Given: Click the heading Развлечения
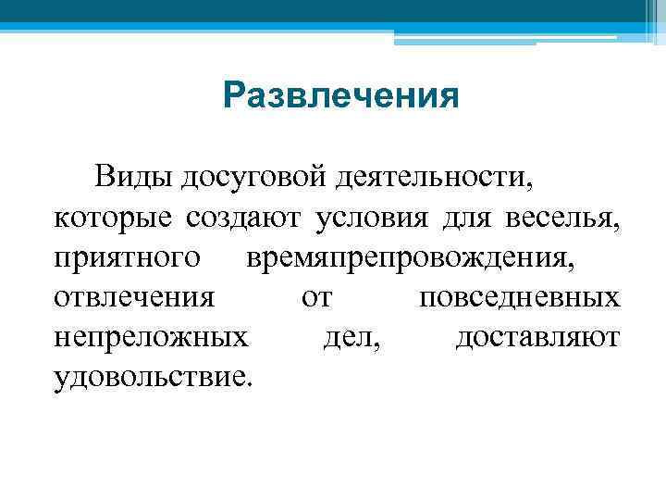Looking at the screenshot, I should [x=340, y=95].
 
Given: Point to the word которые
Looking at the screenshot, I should [x=113, y=218].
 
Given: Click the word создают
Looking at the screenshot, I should [x=243, y=218].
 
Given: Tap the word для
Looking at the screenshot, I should [x=468, y=218].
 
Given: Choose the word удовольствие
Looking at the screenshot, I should [x=152, y=378].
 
